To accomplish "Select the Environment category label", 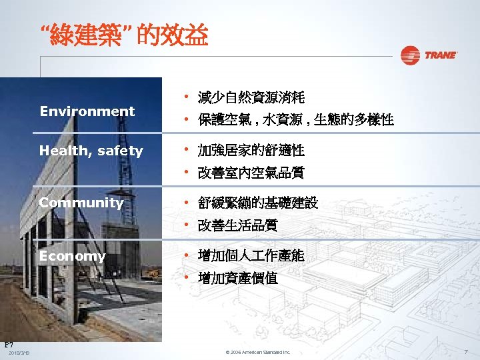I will (87, 111).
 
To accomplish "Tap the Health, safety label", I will (91, 151).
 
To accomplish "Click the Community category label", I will (81, 203).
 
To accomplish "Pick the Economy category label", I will (73, 256).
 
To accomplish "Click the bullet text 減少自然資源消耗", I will (251, 99).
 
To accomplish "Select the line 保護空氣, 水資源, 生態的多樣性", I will (295, 121).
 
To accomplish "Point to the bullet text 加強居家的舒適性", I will (251, 151).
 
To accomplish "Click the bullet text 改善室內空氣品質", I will (251, 173).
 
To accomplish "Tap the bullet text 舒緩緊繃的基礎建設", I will (258, 203).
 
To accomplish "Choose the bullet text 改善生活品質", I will (238, 225).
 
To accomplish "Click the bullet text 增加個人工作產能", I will (251, 255).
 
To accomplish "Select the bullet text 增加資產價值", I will (238, 278).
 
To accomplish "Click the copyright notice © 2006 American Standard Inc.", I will (257, 352).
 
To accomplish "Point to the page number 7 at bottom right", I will (467, 351).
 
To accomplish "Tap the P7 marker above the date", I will (9, 344).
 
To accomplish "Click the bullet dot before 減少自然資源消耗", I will (188, 97).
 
